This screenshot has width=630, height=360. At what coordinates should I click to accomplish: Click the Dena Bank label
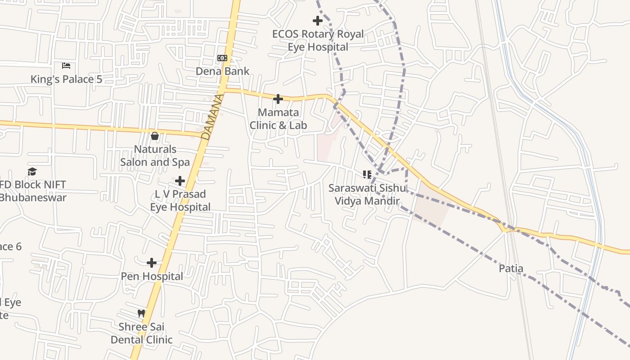pyautogui.click(x=222, y=71)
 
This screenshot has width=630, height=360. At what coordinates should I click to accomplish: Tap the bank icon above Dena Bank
pyautogui.click(x=222, y=58)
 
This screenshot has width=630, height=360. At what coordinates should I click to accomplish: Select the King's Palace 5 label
pyautogui.click(x=66, y=79)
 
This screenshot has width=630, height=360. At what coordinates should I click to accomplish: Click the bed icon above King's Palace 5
pyautogui.click(x=66, y=66)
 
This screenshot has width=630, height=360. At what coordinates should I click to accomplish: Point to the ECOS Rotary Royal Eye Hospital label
pyautogui.click(x=318, y=40)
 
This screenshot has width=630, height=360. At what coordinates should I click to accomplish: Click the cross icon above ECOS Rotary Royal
pyautogui.click(x=318, y=20)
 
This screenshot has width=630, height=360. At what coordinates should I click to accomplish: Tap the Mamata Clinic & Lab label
pyautogui.click(x=278, y=119)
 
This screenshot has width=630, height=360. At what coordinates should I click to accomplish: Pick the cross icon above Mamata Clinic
pyautogui.click(x=278, y=99)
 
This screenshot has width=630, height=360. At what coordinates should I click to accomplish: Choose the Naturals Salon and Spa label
pyautogui.click(x=155, y=155)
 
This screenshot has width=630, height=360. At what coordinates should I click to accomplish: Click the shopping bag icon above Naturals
pyautogui.click(x=155, y=135)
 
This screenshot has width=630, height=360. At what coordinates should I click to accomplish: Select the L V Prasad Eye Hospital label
pyautogui.click(x=180, y=200)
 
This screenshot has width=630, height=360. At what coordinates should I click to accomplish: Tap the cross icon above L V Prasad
pyautogui.click(x=180, y=181)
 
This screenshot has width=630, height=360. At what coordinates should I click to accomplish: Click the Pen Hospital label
pyautogui.click(x=152, y=276)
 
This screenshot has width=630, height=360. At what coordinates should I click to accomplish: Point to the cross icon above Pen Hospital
pyautogui.click(x=152, y=263)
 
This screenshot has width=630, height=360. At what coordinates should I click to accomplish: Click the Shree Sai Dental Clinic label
pyautogui.click(x=142, y=333)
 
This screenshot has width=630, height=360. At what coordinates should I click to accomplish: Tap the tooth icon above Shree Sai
pyautogui.click(x=141, y=313)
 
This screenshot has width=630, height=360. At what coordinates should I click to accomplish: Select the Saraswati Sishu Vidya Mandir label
pyautogui.click(x=367, y=194)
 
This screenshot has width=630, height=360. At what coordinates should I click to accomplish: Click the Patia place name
pyautogui.click(x=511, y=269)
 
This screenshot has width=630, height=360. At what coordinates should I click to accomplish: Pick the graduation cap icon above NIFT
pyautogui.click(x=32, y=171)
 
